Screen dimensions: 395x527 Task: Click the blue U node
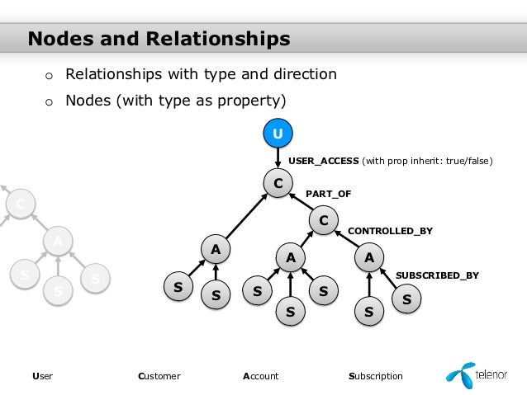tap(278, 133)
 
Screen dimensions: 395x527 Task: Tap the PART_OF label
tap(328, 194)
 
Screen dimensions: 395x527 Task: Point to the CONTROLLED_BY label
tap(390, 232)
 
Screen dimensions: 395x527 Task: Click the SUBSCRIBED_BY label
tap(437, 275)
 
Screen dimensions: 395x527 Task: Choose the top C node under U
tap(278, 182)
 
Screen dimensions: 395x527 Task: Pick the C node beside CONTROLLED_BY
tap(323, 220)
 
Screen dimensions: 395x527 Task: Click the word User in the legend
tap(41, 376)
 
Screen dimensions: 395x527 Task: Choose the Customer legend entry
tap(159, 376)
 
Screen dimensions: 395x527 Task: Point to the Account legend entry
tap(260, 376)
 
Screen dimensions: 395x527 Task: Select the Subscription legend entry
tap(376, 376)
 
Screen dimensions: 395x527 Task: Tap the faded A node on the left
tap(56, 241)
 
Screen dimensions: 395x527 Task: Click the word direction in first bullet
tap(306, 74)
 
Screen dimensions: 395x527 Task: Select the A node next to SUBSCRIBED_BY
tap(368, 258)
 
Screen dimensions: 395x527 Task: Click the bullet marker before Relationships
tap(49, 76)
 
